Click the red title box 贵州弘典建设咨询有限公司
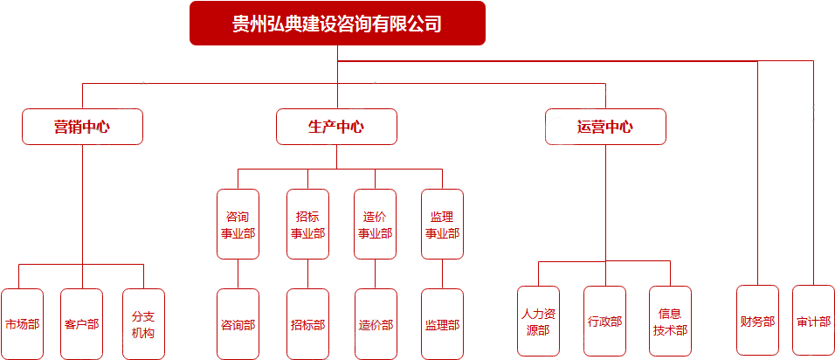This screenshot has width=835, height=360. (337, 24)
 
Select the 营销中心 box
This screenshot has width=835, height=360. (82, 127)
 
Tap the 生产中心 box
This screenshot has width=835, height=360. (336, 127)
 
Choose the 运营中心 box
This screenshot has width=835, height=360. (605, 127)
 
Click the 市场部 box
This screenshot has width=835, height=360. (22, 324)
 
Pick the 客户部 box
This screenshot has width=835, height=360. (82, 324)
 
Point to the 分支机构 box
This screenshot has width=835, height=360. (143, 324)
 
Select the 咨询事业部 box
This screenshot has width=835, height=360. (238, 225)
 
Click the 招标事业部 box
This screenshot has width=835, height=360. (307, 225)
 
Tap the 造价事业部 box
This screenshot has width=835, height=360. (376, 225)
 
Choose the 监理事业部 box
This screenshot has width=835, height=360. (443, 225)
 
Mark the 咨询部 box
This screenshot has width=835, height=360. (238, 324)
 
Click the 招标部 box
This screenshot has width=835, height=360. (307, 324)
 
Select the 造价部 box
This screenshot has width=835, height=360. (376, 324)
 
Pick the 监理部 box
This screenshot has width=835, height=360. (443, 324)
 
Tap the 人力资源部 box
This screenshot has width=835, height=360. (538, 322)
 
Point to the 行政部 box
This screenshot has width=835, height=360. (604, 322)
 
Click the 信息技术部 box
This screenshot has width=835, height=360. (670, 322)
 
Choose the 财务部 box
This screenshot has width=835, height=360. (757, 321)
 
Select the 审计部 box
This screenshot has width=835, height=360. (814, 321)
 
